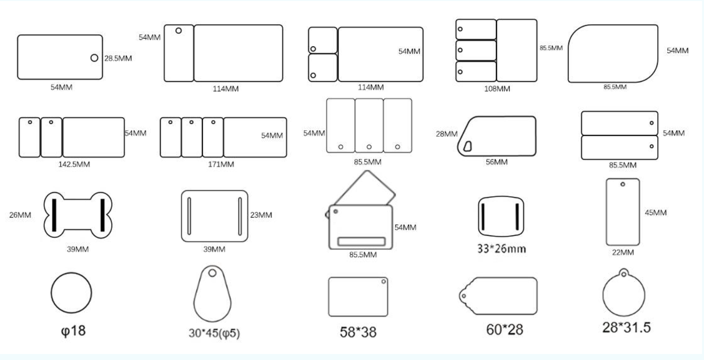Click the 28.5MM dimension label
coord(118,58)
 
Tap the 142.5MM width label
coord(74,164)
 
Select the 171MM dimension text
coord(221,164)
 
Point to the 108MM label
coord(497,89)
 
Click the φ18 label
coord(73,331)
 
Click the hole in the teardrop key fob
coord(213,273)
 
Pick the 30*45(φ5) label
coord(215,333)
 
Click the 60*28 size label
coord(505,330)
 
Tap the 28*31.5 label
coord(627,328)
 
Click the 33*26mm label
coord(501,249)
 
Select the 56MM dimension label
coord(496,162)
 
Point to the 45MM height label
coord(656,213)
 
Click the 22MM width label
coord(623,252)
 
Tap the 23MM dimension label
coord(261,215)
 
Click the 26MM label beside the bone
coord(20,215)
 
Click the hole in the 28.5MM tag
coord(94,58)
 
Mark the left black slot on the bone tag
coord(54,215)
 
